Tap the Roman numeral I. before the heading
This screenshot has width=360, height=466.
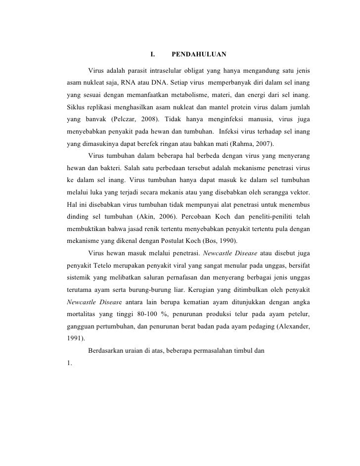(152, 54)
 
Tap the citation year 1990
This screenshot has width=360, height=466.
(225, 241)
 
